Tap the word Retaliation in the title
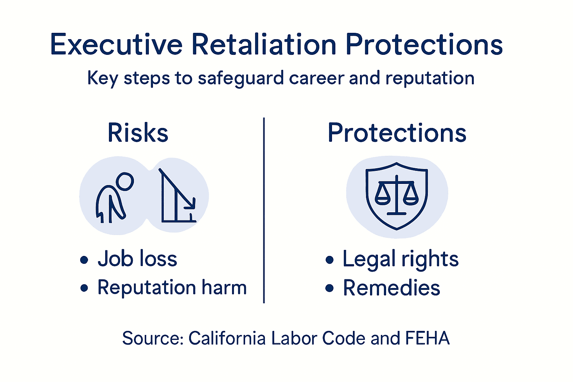pos(264,45)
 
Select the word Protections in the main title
pos(424,45)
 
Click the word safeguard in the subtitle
pos(241,79)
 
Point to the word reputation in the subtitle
pos(430,79)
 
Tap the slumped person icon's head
pos(125,182)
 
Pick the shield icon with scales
pos(397,195)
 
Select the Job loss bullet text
pos(137,259)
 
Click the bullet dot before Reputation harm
pos(85,288)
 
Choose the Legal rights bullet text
pos(401,259)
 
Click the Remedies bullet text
pos(392,288)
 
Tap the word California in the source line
pos(227,338)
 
